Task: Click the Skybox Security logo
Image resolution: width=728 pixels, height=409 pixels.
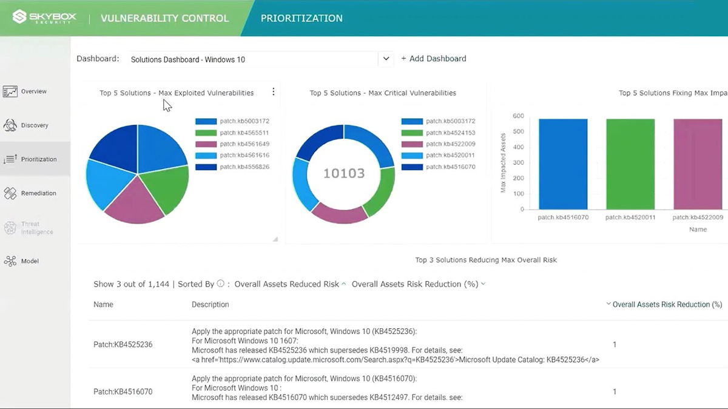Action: [45, 18]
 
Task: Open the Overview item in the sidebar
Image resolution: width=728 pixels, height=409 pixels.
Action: [33, 91]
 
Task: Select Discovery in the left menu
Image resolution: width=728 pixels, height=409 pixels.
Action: [34, 125]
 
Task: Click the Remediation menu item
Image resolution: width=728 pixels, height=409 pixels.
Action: [38, 193]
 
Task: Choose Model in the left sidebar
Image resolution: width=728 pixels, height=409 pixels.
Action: [29, 261]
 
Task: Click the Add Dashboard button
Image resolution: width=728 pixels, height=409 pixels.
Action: [433, 59]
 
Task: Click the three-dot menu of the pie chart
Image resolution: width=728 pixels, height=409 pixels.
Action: [273, 92]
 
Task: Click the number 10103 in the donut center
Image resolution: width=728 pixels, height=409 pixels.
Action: [344, 173]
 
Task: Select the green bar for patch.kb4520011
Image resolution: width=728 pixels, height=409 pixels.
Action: [630, 164]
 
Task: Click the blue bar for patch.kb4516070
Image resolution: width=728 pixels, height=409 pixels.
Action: [563, 164]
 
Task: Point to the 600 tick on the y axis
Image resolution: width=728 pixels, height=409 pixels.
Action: [517, 116]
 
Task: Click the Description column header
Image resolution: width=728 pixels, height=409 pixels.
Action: [210, 305]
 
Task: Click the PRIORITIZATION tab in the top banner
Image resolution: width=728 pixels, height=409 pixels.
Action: [302, 18]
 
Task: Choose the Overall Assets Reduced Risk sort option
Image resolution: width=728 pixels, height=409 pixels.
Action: [286, 284]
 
